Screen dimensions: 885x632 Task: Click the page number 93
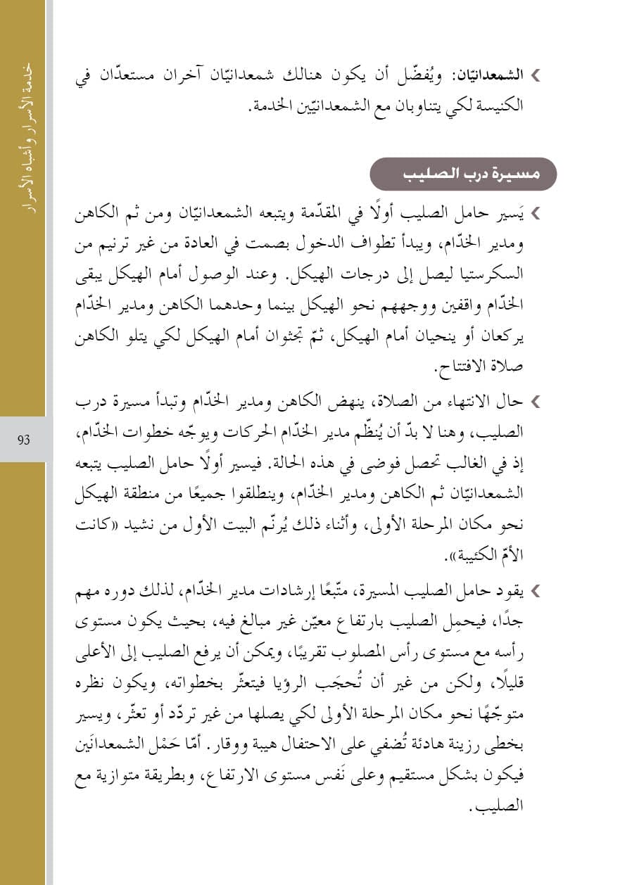tap(23, 440)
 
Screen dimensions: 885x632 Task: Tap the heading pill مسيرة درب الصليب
tap(463, 174)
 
